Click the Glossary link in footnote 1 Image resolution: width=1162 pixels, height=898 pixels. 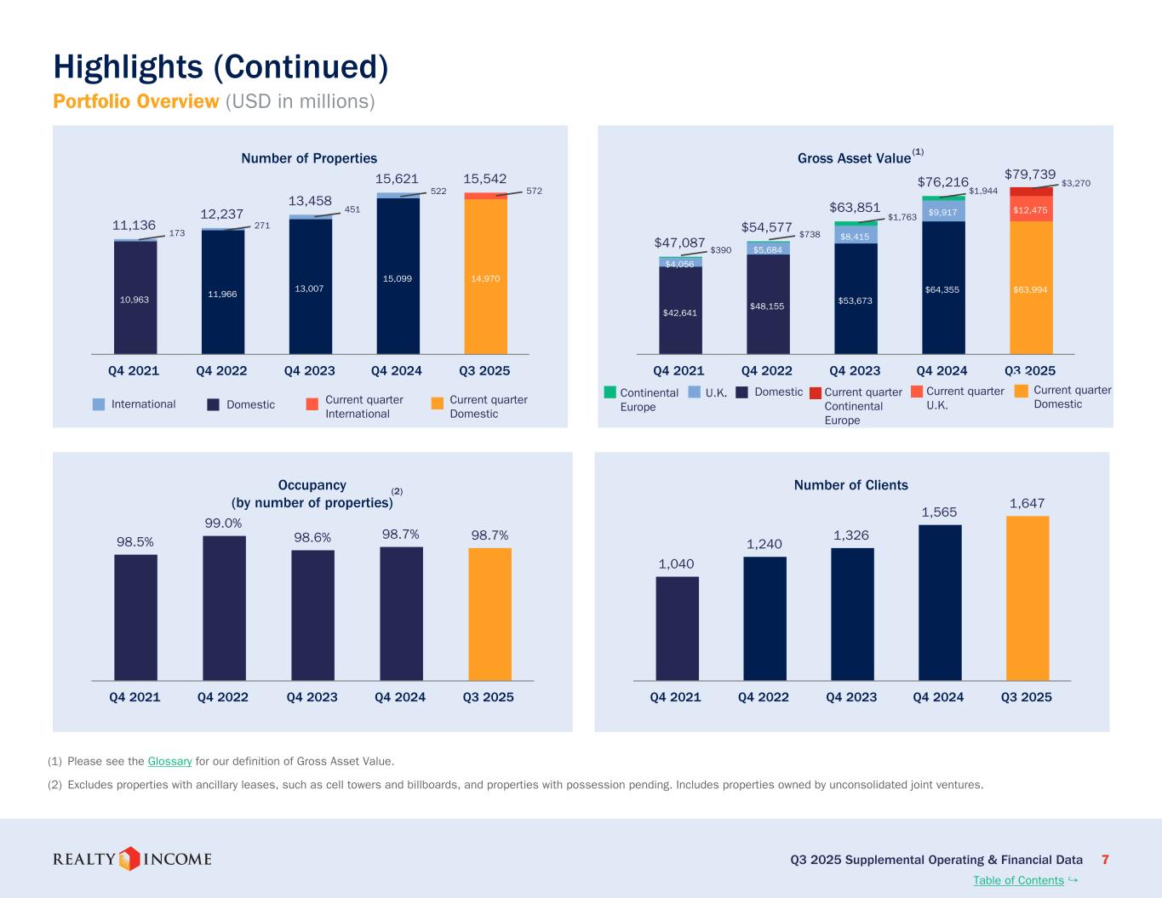point(169,761)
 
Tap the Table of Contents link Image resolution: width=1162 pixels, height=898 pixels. point(1018,880)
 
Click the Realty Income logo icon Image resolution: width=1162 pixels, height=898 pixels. point(129,859)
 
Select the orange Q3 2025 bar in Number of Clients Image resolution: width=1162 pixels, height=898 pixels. point(1027,598)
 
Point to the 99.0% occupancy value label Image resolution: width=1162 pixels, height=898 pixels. point(223,523)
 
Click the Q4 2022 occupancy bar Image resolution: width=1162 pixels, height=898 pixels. point(224,608)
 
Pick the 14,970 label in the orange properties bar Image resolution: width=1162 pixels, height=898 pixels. point(485,278)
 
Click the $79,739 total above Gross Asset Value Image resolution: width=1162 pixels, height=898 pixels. point(1030,174)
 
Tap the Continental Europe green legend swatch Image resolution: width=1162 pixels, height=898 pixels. point(610,392)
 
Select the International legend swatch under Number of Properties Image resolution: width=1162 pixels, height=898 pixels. point(99,404)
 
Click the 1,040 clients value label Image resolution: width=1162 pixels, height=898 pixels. point(676,563)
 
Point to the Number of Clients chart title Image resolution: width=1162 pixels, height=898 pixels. point(850,485)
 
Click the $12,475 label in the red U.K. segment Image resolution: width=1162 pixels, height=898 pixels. point(1030,210)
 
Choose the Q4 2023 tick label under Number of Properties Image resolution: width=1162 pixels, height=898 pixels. point(310,370)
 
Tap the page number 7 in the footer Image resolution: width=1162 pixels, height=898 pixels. point(1105,860)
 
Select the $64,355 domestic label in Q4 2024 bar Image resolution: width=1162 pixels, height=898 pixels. point(942,289)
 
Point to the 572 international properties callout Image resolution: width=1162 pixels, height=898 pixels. point(534,192)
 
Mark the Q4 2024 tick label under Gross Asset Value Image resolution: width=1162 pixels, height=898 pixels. point(942,370)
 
